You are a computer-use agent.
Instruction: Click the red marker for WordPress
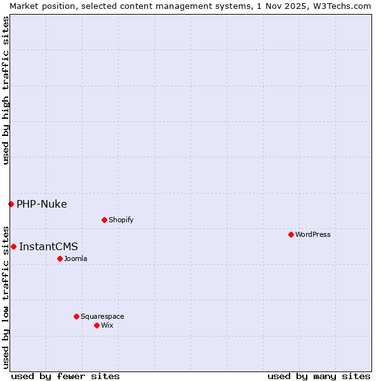tap(291, 234)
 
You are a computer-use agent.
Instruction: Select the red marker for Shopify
tap(104, 220)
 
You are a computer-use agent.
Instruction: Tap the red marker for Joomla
tap(60, 258)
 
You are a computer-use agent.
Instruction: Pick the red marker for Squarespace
tap(76, 316)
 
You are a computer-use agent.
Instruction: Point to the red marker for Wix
tap(97, 325)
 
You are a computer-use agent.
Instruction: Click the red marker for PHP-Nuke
tap(11, 204)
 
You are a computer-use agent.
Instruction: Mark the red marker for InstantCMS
tap(13, 246)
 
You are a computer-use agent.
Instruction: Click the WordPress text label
tap(313, 234)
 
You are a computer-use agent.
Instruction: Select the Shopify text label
tap(121, 220)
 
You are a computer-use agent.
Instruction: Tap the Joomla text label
tap(76, 258)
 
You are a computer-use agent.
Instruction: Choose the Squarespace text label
tap(102, 316)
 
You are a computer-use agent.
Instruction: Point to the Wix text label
tap(107, 325)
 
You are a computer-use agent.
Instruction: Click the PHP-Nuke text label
tap(42, 204)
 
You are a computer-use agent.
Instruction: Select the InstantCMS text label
tap(48, 246)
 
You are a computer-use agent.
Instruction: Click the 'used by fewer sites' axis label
tap(65, 376)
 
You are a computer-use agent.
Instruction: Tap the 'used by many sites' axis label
tap(319, 376)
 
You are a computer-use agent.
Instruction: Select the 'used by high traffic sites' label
tap(6, 90)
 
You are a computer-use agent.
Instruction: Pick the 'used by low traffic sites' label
tap(6, 297)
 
